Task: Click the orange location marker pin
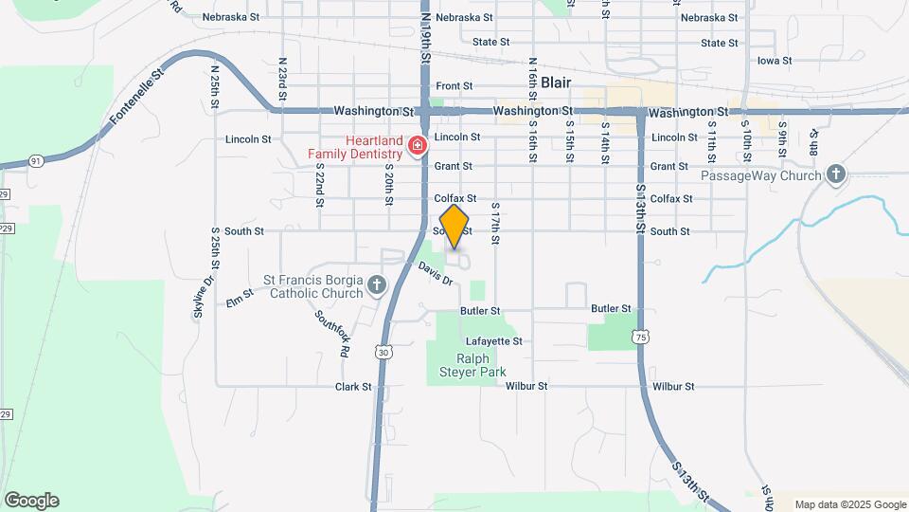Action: tap(454, 226)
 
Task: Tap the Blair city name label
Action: tap(556, 82)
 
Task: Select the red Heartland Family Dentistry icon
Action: tap(417, 145)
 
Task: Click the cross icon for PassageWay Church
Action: tap(834, 174)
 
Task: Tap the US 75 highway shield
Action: tap(642, 337)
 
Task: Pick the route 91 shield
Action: tap(35, 161)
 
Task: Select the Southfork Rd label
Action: tap(333, 333)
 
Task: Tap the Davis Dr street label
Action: tap(437, 274)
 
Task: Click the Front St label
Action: tap(454, 86)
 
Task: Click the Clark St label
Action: tap(353, 387)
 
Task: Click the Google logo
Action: tap(31, 501)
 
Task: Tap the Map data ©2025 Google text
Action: tap(850, 504)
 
